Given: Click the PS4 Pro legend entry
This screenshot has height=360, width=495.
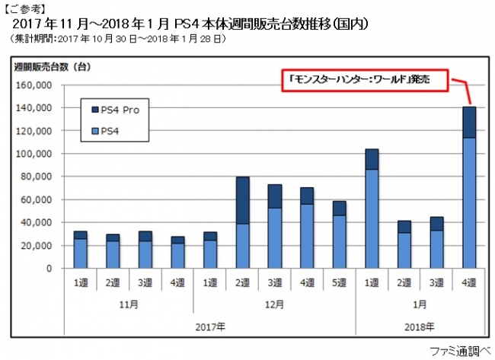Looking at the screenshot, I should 118,110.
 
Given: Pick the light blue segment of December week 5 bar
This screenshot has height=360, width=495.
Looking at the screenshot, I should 340,241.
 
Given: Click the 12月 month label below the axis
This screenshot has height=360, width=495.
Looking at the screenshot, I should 275,302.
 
